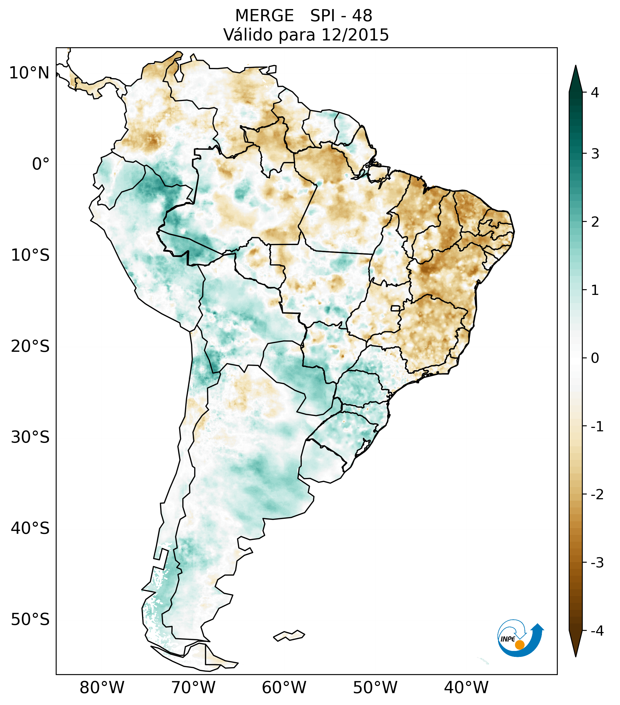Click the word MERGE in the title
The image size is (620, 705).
(x=264, y=16)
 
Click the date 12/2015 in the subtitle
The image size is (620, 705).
(x=355, y=35)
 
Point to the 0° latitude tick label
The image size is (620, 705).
(x=41, y=164)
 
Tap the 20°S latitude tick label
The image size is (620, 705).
(x=30, y=346)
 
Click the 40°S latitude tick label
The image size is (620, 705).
(x=30, y=528)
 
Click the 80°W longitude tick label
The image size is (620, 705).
(x=102, y=687)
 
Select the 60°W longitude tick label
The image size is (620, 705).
(x=284, y=687)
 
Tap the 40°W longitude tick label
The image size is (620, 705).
(x=466, y=687)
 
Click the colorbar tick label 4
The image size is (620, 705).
(x=595, y=93)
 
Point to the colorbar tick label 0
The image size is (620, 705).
(x=595, y=358)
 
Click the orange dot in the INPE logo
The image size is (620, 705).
(x=520, y=645)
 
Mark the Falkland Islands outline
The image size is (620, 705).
(x=289, y=635)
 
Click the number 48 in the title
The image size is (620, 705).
(x=362, y=16)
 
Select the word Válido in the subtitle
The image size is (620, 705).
(x=248, y=35)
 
